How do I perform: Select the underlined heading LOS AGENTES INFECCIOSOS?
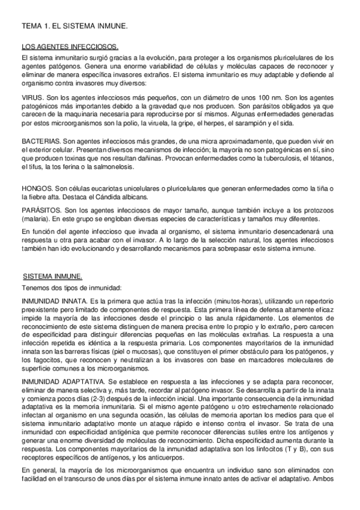tap(70, 47)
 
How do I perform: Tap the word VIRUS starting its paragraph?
tap(31, 97)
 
